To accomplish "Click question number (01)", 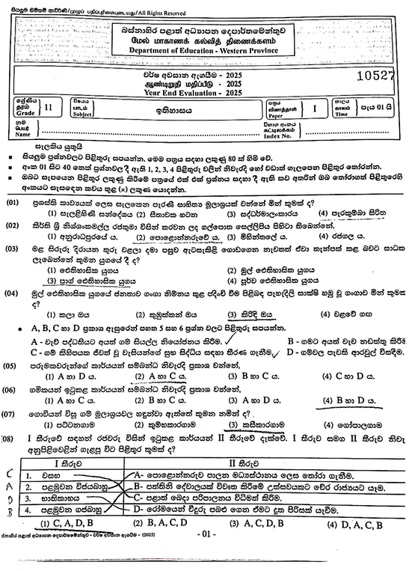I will click(13, 204).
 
